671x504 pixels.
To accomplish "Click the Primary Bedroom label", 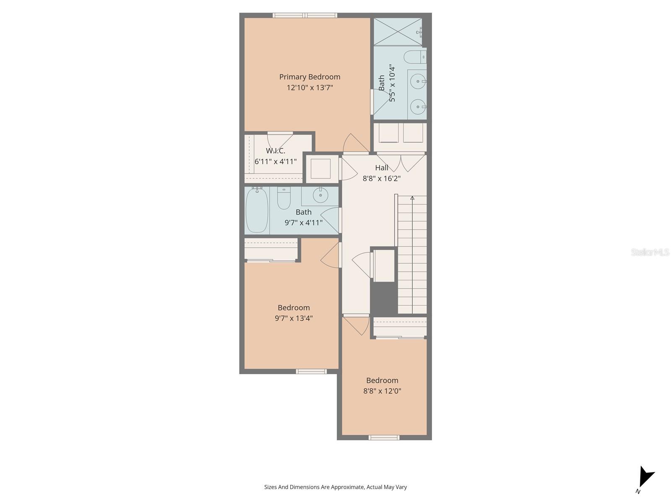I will pyautogui.click(x=309, y=77).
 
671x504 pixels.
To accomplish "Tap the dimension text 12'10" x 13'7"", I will pyautogui.click(x=309, y=88).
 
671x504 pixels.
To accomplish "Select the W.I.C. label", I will pyautogui.click(x=276, y=151).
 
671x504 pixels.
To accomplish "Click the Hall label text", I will pyautogui.click(x=382, y=168).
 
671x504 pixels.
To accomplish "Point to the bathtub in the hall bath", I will pyautogui.click(x=257, y=210).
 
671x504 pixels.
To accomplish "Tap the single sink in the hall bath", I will pyautogui.click(x=321, y=195).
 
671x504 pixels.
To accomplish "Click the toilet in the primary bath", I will pyautogui.click(x=414, y=57).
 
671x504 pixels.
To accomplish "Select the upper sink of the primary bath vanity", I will pyautogui.click(x=418, y=81).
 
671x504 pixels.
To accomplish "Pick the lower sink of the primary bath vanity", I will pyautogui.click(x=418, y=107).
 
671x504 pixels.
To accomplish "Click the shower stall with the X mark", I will pyautogui.click(x=397, y=31).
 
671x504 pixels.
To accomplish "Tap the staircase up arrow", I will pyautogui.click(x=412, y=198).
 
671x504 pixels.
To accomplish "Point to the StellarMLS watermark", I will pyautogui.click(x=650, y=252).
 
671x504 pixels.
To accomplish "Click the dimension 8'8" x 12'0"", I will pyautogui.click(x=382, y=391).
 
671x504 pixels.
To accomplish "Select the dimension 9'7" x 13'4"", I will pyautogui.click(x=294, y=318).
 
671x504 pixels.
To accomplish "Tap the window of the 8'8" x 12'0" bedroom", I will pyautogui.click(x=384, y=438).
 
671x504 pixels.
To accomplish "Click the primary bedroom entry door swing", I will pyautogui.click(x=354, y=144).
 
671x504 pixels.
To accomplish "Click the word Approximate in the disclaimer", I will pyautogui.click(x=347, y=487).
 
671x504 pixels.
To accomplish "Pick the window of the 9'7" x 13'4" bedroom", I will pyautogui.click(x=311, y=371).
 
